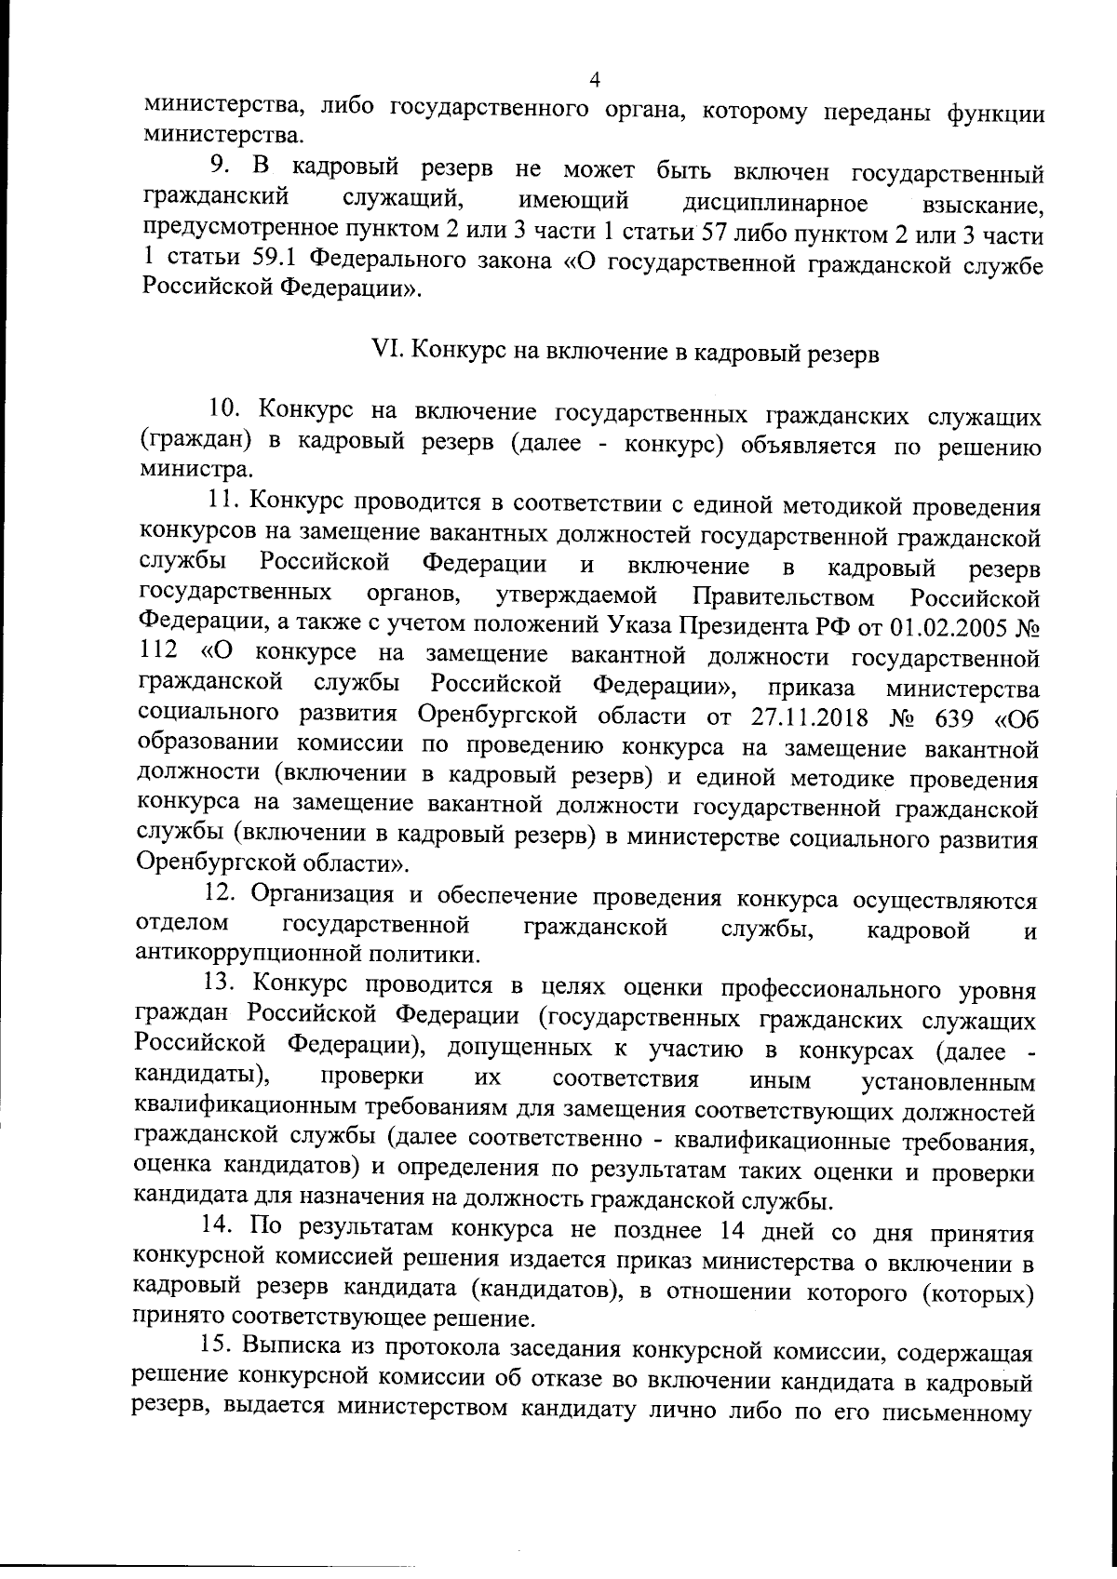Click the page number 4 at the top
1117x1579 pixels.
(595, 81)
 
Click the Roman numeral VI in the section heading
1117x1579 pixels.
(384, 354)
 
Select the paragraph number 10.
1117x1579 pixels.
(226, 410)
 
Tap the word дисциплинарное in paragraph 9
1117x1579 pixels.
(775, 204)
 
